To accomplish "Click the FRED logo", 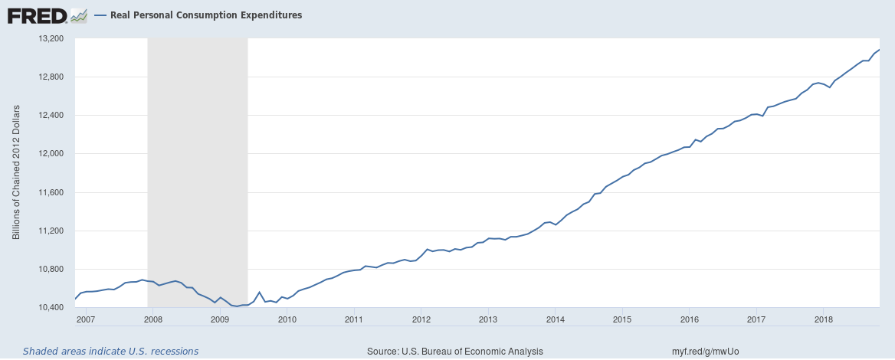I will tap(37, 15).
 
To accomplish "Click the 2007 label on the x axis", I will tap(85, 319).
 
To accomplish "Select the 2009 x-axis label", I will tap(219, 319).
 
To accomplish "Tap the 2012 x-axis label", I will tap(421, 319).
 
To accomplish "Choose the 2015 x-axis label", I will tap(622, 319).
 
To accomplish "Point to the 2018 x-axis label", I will tap(823, 319).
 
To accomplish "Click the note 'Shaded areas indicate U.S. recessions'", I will tap(110, 351).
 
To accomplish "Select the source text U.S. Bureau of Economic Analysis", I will tap(455, 351).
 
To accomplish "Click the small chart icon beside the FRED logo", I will tap(78, 15).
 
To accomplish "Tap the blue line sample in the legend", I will tap(100, 15).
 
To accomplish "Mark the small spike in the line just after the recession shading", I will tap(259, 293).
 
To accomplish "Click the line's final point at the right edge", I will tap(879, 50).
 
